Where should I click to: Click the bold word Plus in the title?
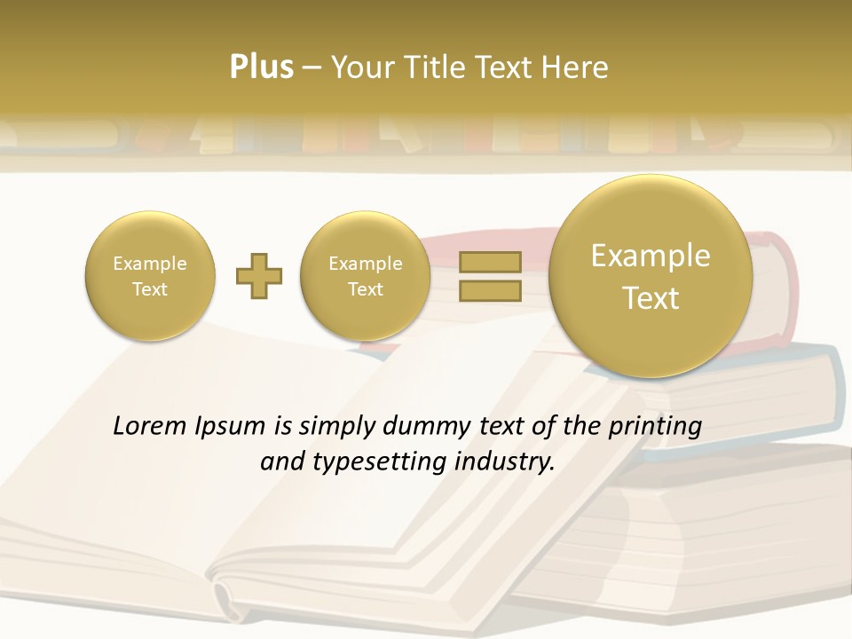[261, 67]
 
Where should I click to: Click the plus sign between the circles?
[259, 276]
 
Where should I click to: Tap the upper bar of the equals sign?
[489, 262]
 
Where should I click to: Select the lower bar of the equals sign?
[489, 290]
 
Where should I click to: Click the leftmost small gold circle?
[150, 276]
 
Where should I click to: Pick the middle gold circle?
[366, 276]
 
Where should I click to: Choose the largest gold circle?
[651, 276]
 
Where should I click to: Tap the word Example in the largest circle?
[651, 256]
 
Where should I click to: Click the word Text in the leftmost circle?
[150, 289]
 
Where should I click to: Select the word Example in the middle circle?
[366, 264]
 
